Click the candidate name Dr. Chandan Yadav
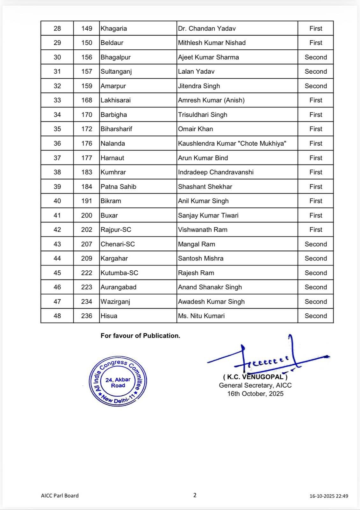207,28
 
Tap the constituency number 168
87,100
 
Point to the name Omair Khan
195,129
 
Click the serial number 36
57,143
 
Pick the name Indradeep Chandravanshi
216,172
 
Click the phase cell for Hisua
316,316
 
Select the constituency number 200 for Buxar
87,215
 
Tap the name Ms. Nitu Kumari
201,316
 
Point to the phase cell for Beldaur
316,43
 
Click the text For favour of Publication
140,336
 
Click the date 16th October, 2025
256,394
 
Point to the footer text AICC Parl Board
60,496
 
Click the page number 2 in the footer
195,495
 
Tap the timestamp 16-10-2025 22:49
329,496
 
